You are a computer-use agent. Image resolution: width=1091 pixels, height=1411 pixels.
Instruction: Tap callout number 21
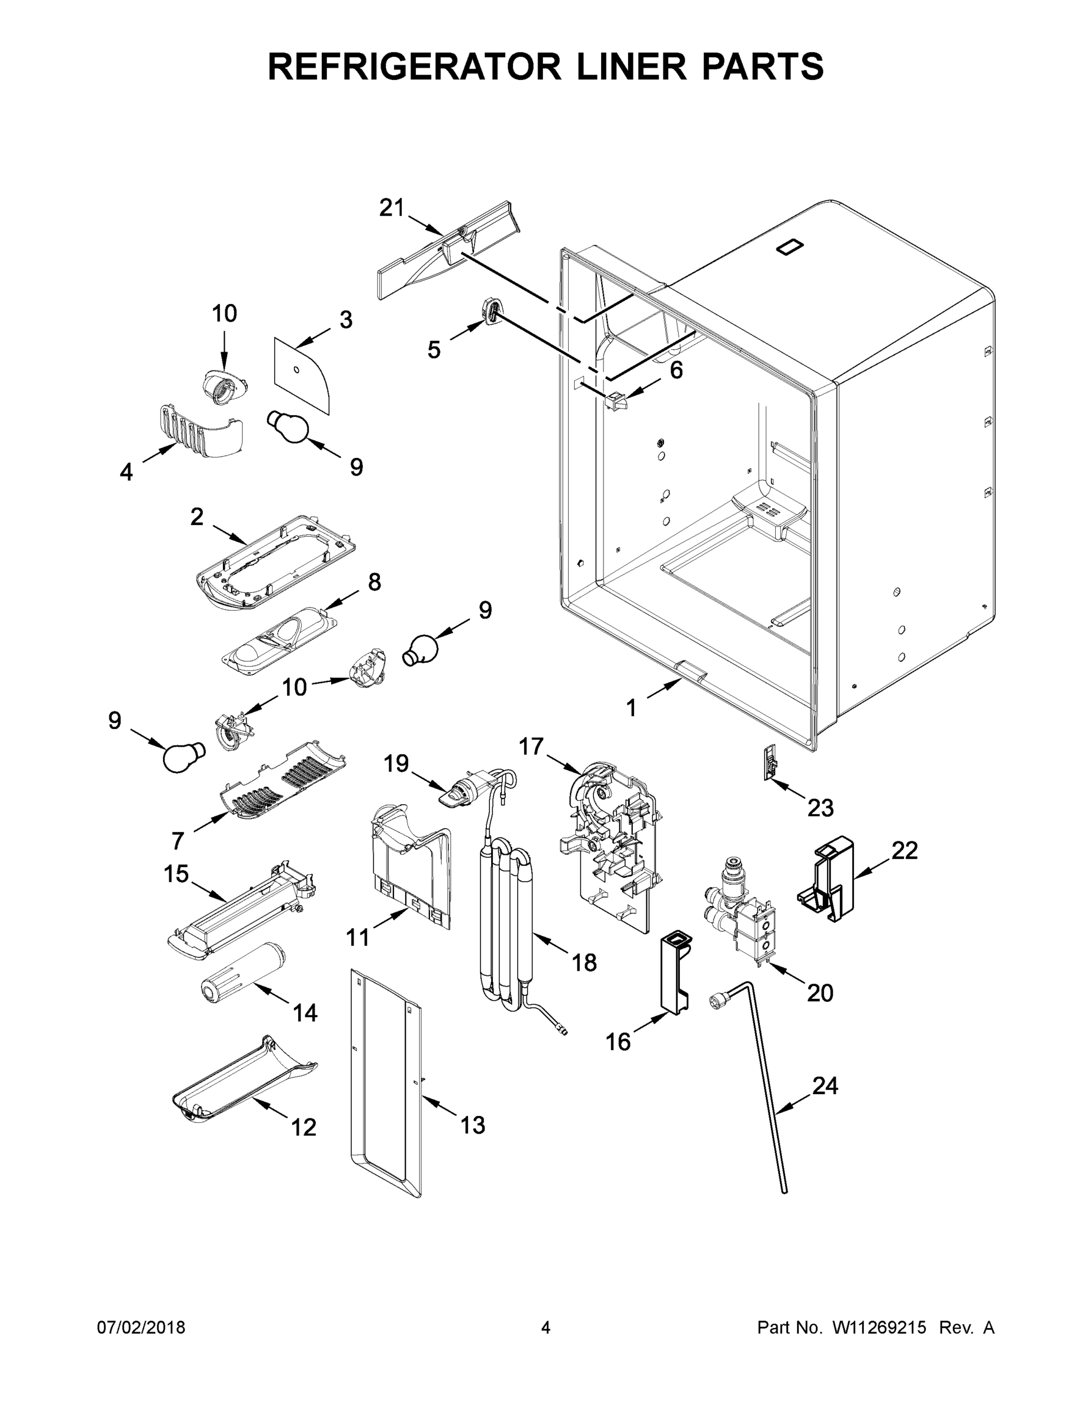point(391,209)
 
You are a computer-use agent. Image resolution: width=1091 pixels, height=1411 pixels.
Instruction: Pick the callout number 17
point(531,747)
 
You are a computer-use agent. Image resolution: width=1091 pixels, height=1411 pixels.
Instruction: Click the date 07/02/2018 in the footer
point(141,1328)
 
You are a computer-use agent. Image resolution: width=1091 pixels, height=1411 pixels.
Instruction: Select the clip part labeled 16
point(673,974)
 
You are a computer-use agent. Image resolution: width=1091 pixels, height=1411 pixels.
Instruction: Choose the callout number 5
point(433,350)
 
